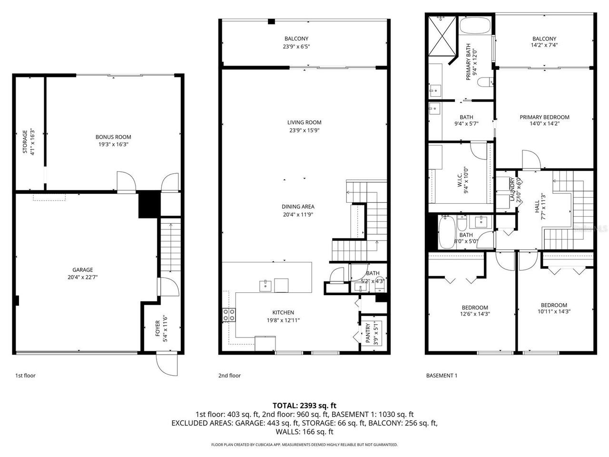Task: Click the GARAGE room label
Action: pyautogui.click(x=82, y=270)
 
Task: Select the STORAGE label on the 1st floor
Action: pyautogui.click(x=26, y=141)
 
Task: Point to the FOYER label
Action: pyautogui.click(x=158, y=326)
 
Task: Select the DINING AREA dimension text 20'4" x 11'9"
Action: pyautogui.click(x=298, y=214)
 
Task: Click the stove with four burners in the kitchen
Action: pyautogui.click(x=229, y=315)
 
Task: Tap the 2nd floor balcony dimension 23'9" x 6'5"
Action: pyautogui.click(x=296, y=47)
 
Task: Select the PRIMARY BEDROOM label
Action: pyautogui.click(x=544, y=117)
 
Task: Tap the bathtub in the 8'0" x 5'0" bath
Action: pyautogui.click(x=446, y=232)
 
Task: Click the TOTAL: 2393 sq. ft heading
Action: pyautogui.click(x=304, y=406)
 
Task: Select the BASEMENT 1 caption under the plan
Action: pyautogui.click(x=441, y=376)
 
